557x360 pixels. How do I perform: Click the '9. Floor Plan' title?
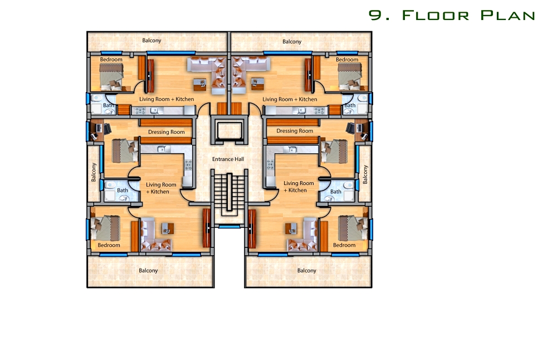point(452,15)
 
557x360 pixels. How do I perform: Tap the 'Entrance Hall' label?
point(228,159)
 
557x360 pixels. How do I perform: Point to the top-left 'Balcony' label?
point(152,41)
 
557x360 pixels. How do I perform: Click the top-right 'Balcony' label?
point(292,42)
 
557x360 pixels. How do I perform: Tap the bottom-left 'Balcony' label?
point(148,270)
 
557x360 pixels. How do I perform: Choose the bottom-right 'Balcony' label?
point(306,270)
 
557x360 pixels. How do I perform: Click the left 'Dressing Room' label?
point(166,132)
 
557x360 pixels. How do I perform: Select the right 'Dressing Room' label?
point(295,131)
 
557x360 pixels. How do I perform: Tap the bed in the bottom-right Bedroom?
point(353,228)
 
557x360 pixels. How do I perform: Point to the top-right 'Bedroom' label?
point(347,60)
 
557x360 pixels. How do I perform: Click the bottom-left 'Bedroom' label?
point(109,245)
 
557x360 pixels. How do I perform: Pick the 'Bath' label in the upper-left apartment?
point(109,105)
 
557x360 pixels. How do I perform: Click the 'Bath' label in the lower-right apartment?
point(336,192)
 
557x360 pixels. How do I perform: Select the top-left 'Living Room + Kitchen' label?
point(167,99)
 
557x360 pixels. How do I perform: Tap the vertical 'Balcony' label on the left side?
point(94,172)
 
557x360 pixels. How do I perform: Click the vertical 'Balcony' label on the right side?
point(365,174)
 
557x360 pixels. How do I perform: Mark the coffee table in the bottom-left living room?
point(168,228)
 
